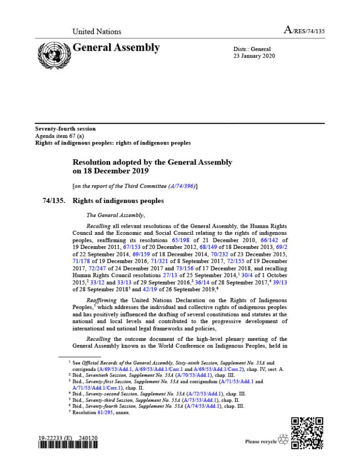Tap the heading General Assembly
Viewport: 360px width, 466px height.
pos(116,48)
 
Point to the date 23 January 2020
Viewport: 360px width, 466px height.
pos(254,56)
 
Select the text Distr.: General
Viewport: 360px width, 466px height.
pos(252,49)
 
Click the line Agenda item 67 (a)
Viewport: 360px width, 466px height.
pos(60,136)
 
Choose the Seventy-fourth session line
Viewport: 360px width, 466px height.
pos(66,129)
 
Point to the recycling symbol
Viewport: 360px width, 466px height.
pos(283,440)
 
